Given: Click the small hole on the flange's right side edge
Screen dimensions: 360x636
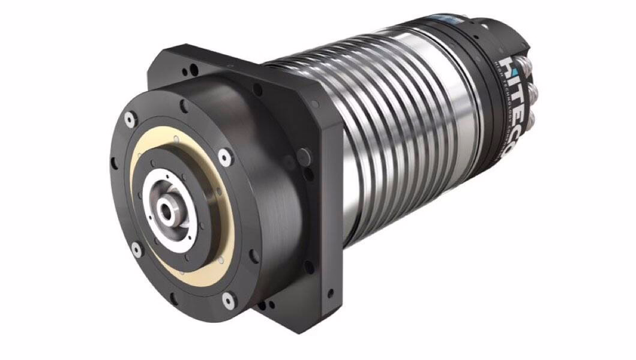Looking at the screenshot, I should point(329,295).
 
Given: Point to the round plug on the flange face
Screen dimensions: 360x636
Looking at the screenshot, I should point(257,89).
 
